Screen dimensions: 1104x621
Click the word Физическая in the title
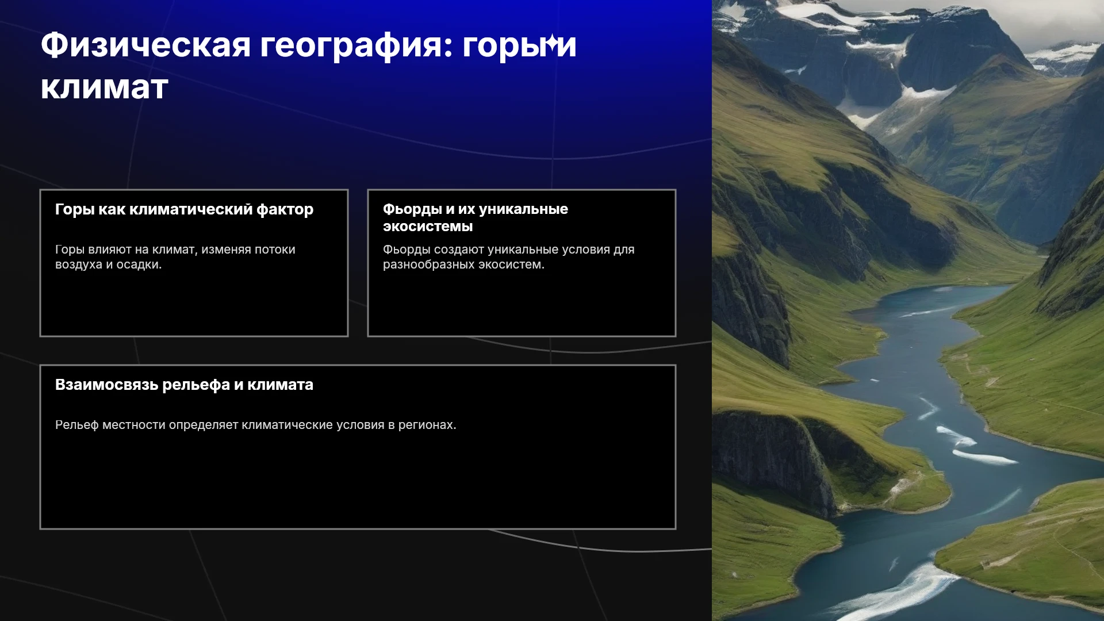click(x=146, y=45)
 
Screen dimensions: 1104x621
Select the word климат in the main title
click(x=105, y=88)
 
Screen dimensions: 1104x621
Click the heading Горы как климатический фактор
click(x=184, y=210)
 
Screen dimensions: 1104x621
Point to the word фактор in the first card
click(x=285, y=210)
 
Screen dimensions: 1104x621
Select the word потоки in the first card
click(x=275, y=250)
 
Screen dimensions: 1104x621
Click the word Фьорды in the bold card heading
click(x=412, y=210)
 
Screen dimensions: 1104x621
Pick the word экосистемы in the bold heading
click(x=428, y=227)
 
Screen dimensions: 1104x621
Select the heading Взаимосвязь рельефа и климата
click(x=184, y=385)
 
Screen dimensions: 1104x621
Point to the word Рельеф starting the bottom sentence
click(x=77, y=425)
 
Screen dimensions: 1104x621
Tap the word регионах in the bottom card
click(x=427, y=425)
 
